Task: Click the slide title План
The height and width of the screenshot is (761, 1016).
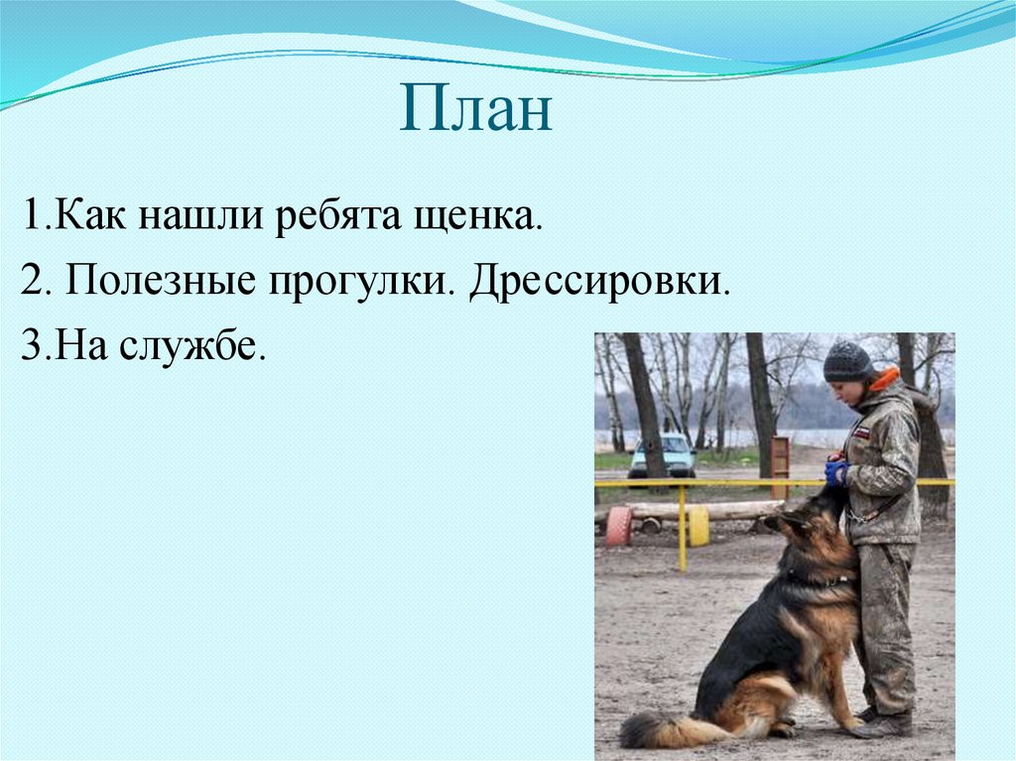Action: click(475, 111)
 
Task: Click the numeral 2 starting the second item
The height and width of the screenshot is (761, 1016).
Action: click(30, 284)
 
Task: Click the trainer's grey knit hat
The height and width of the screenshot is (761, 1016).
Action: click(846, 362)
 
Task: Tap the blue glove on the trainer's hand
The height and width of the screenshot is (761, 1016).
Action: click(836, 473)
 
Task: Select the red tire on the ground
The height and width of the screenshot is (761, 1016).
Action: click(619, 526)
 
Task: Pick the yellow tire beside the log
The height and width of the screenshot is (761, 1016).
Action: click(698, 525)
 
